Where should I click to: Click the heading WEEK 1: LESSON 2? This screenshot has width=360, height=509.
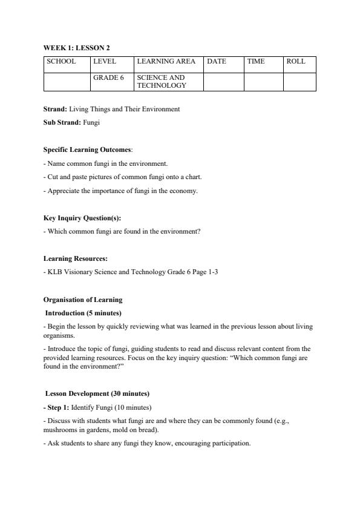[x=76, y=48]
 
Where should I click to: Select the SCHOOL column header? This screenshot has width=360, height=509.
[x=61, y=62]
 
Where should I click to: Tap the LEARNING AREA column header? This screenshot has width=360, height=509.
[x=166, y=62]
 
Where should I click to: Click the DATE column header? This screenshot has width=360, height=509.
[x=217, y=62]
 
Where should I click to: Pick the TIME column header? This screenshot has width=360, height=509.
[x=256, y=62]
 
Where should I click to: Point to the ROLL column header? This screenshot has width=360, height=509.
[x=296, y=62]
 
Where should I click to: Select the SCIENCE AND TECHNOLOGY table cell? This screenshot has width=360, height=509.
[x=162, y=82]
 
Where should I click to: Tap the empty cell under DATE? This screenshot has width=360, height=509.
[x=223, y=82]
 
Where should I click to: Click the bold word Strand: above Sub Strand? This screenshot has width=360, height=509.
[x=55, y=110]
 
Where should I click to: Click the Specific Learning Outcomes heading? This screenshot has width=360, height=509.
[x=87, y=149]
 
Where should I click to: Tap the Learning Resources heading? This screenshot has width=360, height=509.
[x=75, y=258]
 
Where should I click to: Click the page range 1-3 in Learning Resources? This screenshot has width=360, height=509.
[x=212, y=272]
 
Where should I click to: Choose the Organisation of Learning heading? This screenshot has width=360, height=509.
[x=82, y=300]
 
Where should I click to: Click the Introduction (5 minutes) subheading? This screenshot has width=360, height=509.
[x=83, y=313]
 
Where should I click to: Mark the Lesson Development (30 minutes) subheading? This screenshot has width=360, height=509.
[x=97, y=393]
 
